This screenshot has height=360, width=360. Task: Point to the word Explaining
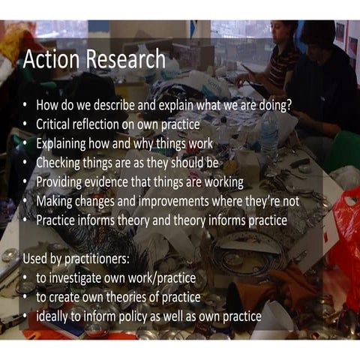click(66, 142)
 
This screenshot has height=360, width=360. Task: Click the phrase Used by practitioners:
click(73, 259)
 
